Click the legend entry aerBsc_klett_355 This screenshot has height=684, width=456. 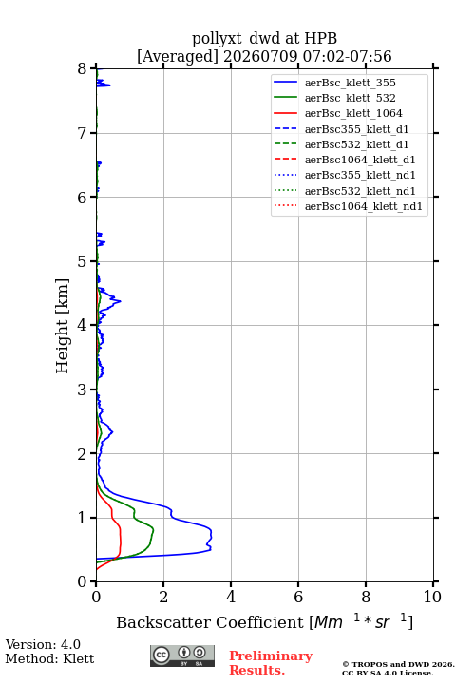350,83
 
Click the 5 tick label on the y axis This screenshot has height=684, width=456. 83,261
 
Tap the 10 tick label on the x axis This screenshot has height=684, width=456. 432,597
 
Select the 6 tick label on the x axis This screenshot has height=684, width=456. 298,597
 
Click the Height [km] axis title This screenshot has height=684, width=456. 63,326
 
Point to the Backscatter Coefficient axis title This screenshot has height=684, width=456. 264,622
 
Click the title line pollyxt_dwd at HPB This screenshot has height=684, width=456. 264,38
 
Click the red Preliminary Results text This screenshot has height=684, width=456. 271,663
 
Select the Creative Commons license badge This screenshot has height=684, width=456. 182,656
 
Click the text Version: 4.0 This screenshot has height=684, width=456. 43,644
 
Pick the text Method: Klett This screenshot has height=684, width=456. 49,658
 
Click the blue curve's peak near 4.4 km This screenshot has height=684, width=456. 120,301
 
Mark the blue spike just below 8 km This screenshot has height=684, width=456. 109,85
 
